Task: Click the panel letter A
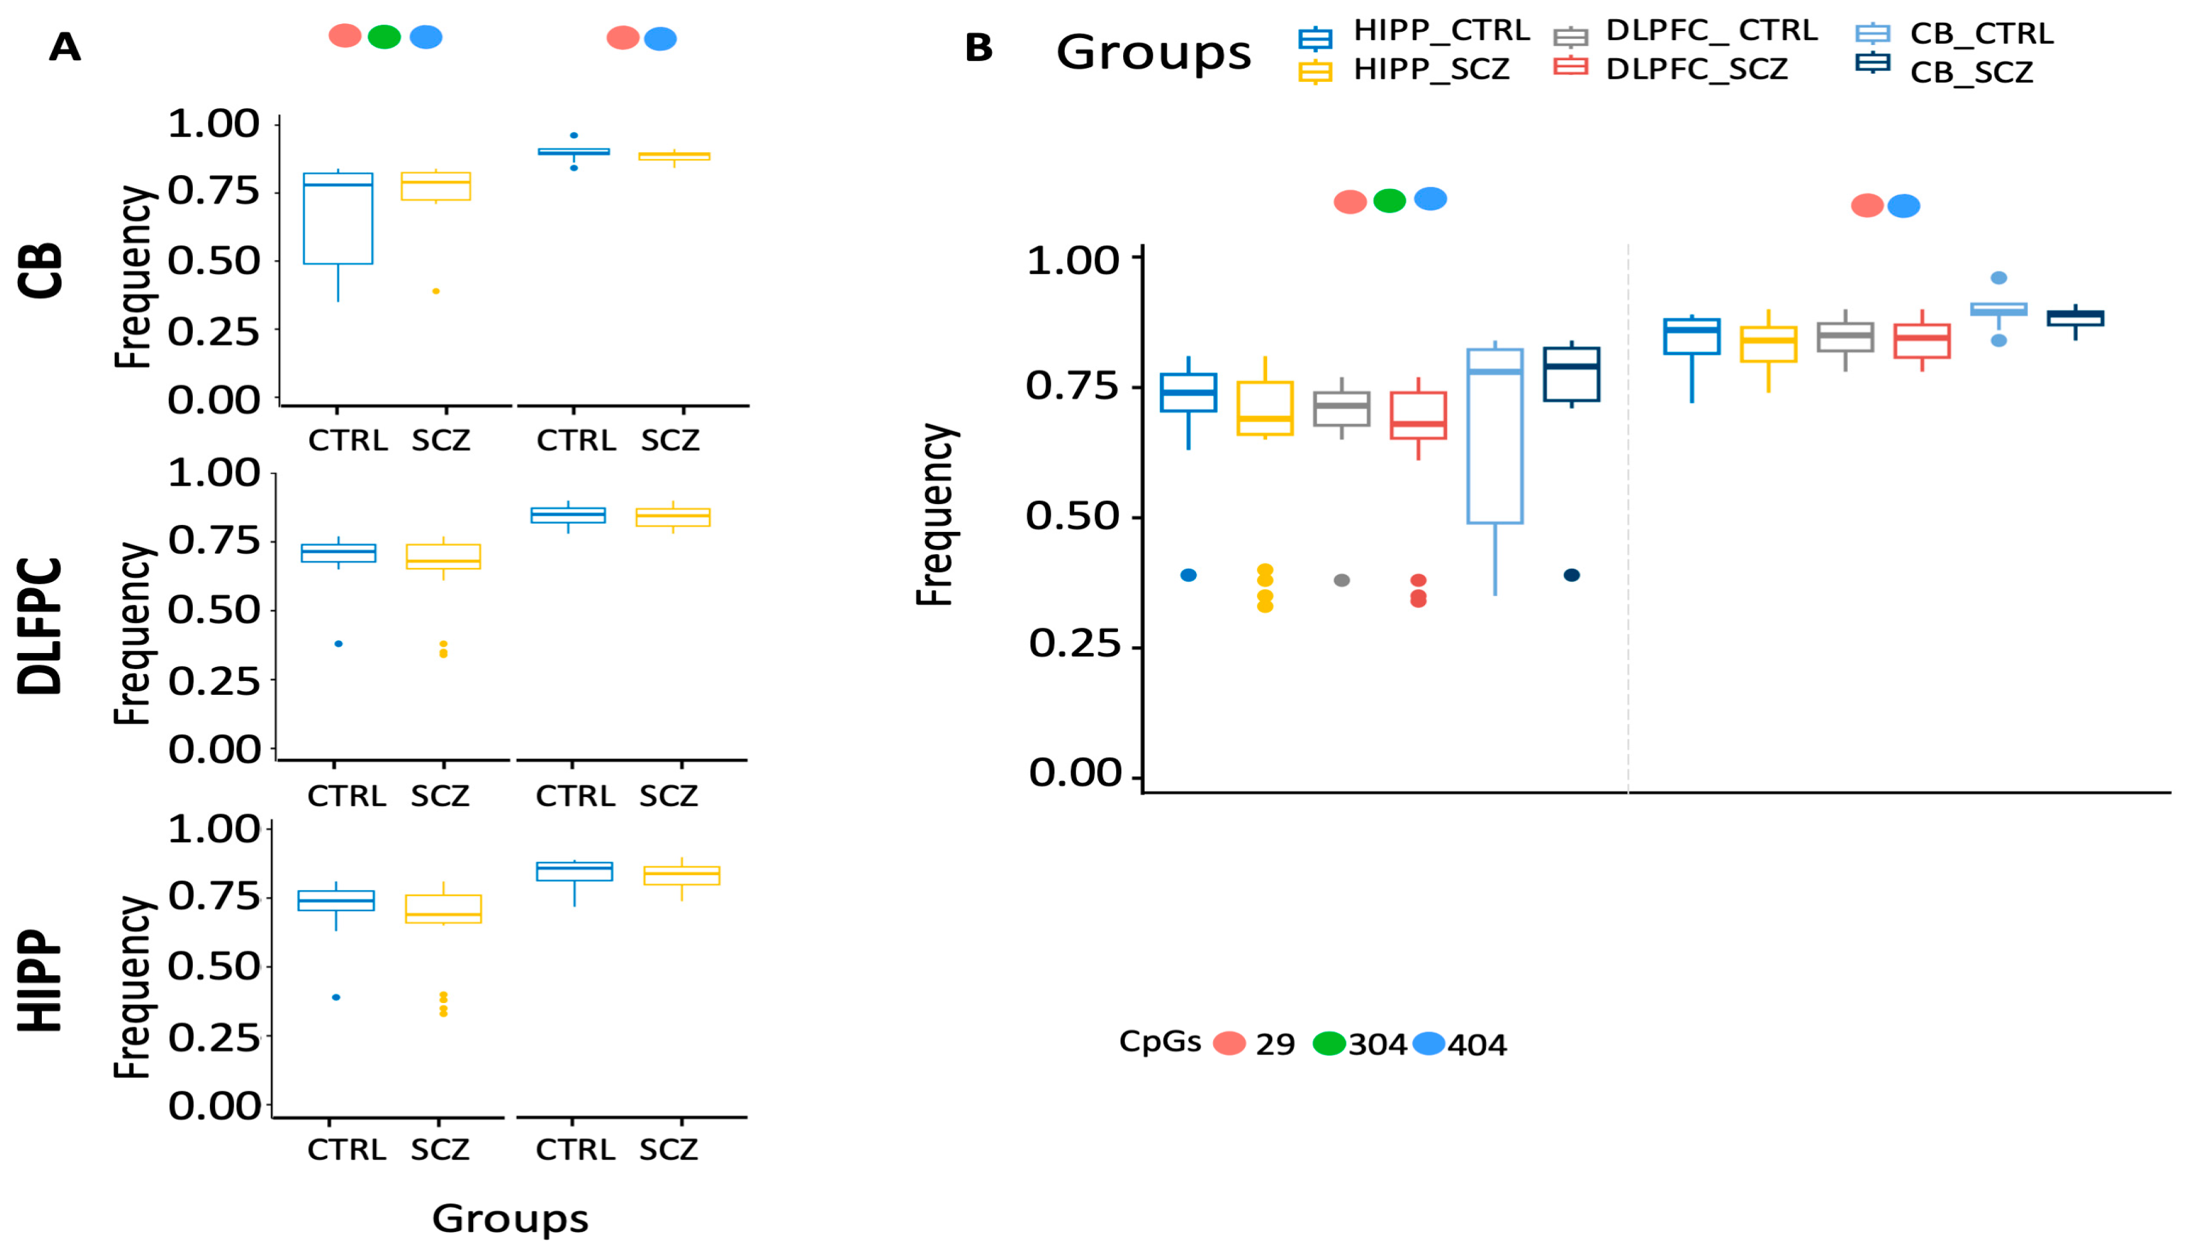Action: click(x=65, y=47)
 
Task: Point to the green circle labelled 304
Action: click(x=1329, y=1044)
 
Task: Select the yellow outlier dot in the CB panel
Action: click(x=436, y=291)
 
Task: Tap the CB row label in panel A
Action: click(x=41, y=271)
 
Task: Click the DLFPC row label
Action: click(x=41, y=626)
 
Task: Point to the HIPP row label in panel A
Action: click(x=41, y=981)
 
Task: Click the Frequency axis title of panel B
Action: click(x=935, y=515)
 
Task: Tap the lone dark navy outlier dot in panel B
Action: click(x=1571, y=576)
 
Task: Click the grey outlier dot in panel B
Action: click(x=1342, y=581)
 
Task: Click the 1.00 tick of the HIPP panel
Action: click(x=214, y=829)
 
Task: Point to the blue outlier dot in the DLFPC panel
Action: click(x=339, y=644)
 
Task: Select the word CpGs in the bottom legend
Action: click(x=1159, y=1042)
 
